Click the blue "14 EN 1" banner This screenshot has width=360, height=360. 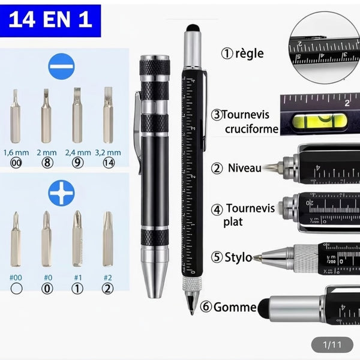tap(50, 20)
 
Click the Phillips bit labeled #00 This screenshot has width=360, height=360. tap(16, 239)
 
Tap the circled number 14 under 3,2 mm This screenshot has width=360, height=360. tap(108, 162)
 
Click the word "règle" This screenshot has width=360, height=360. tap(249, 53)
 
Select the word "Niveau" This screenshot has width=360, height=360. tap(244, 168)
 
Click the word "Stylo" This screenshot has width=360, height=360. tap(239, 258)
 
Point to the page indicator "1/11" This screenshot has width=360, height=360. tap(332, 344)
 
